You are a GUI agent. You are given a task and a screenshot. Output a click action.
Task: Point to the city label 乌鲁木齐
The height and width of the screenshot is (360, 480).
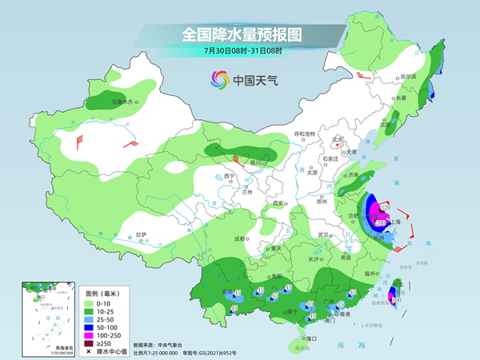pyautogui.click(x=123, y=102)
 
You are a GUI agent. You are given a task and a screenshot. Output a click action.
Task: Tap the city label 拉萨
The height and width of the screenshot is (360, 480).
pyautogui.click(x=141, y=234)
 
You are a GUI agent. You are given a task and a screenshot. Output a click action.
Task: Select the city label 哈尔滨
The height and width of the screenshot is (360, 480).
pyautogui.click(x=408, y=76)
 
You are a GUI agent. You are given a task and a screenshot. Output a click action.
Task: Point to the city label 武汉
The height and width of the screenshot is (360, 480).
pyautogui.click(x=324, y=234)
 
